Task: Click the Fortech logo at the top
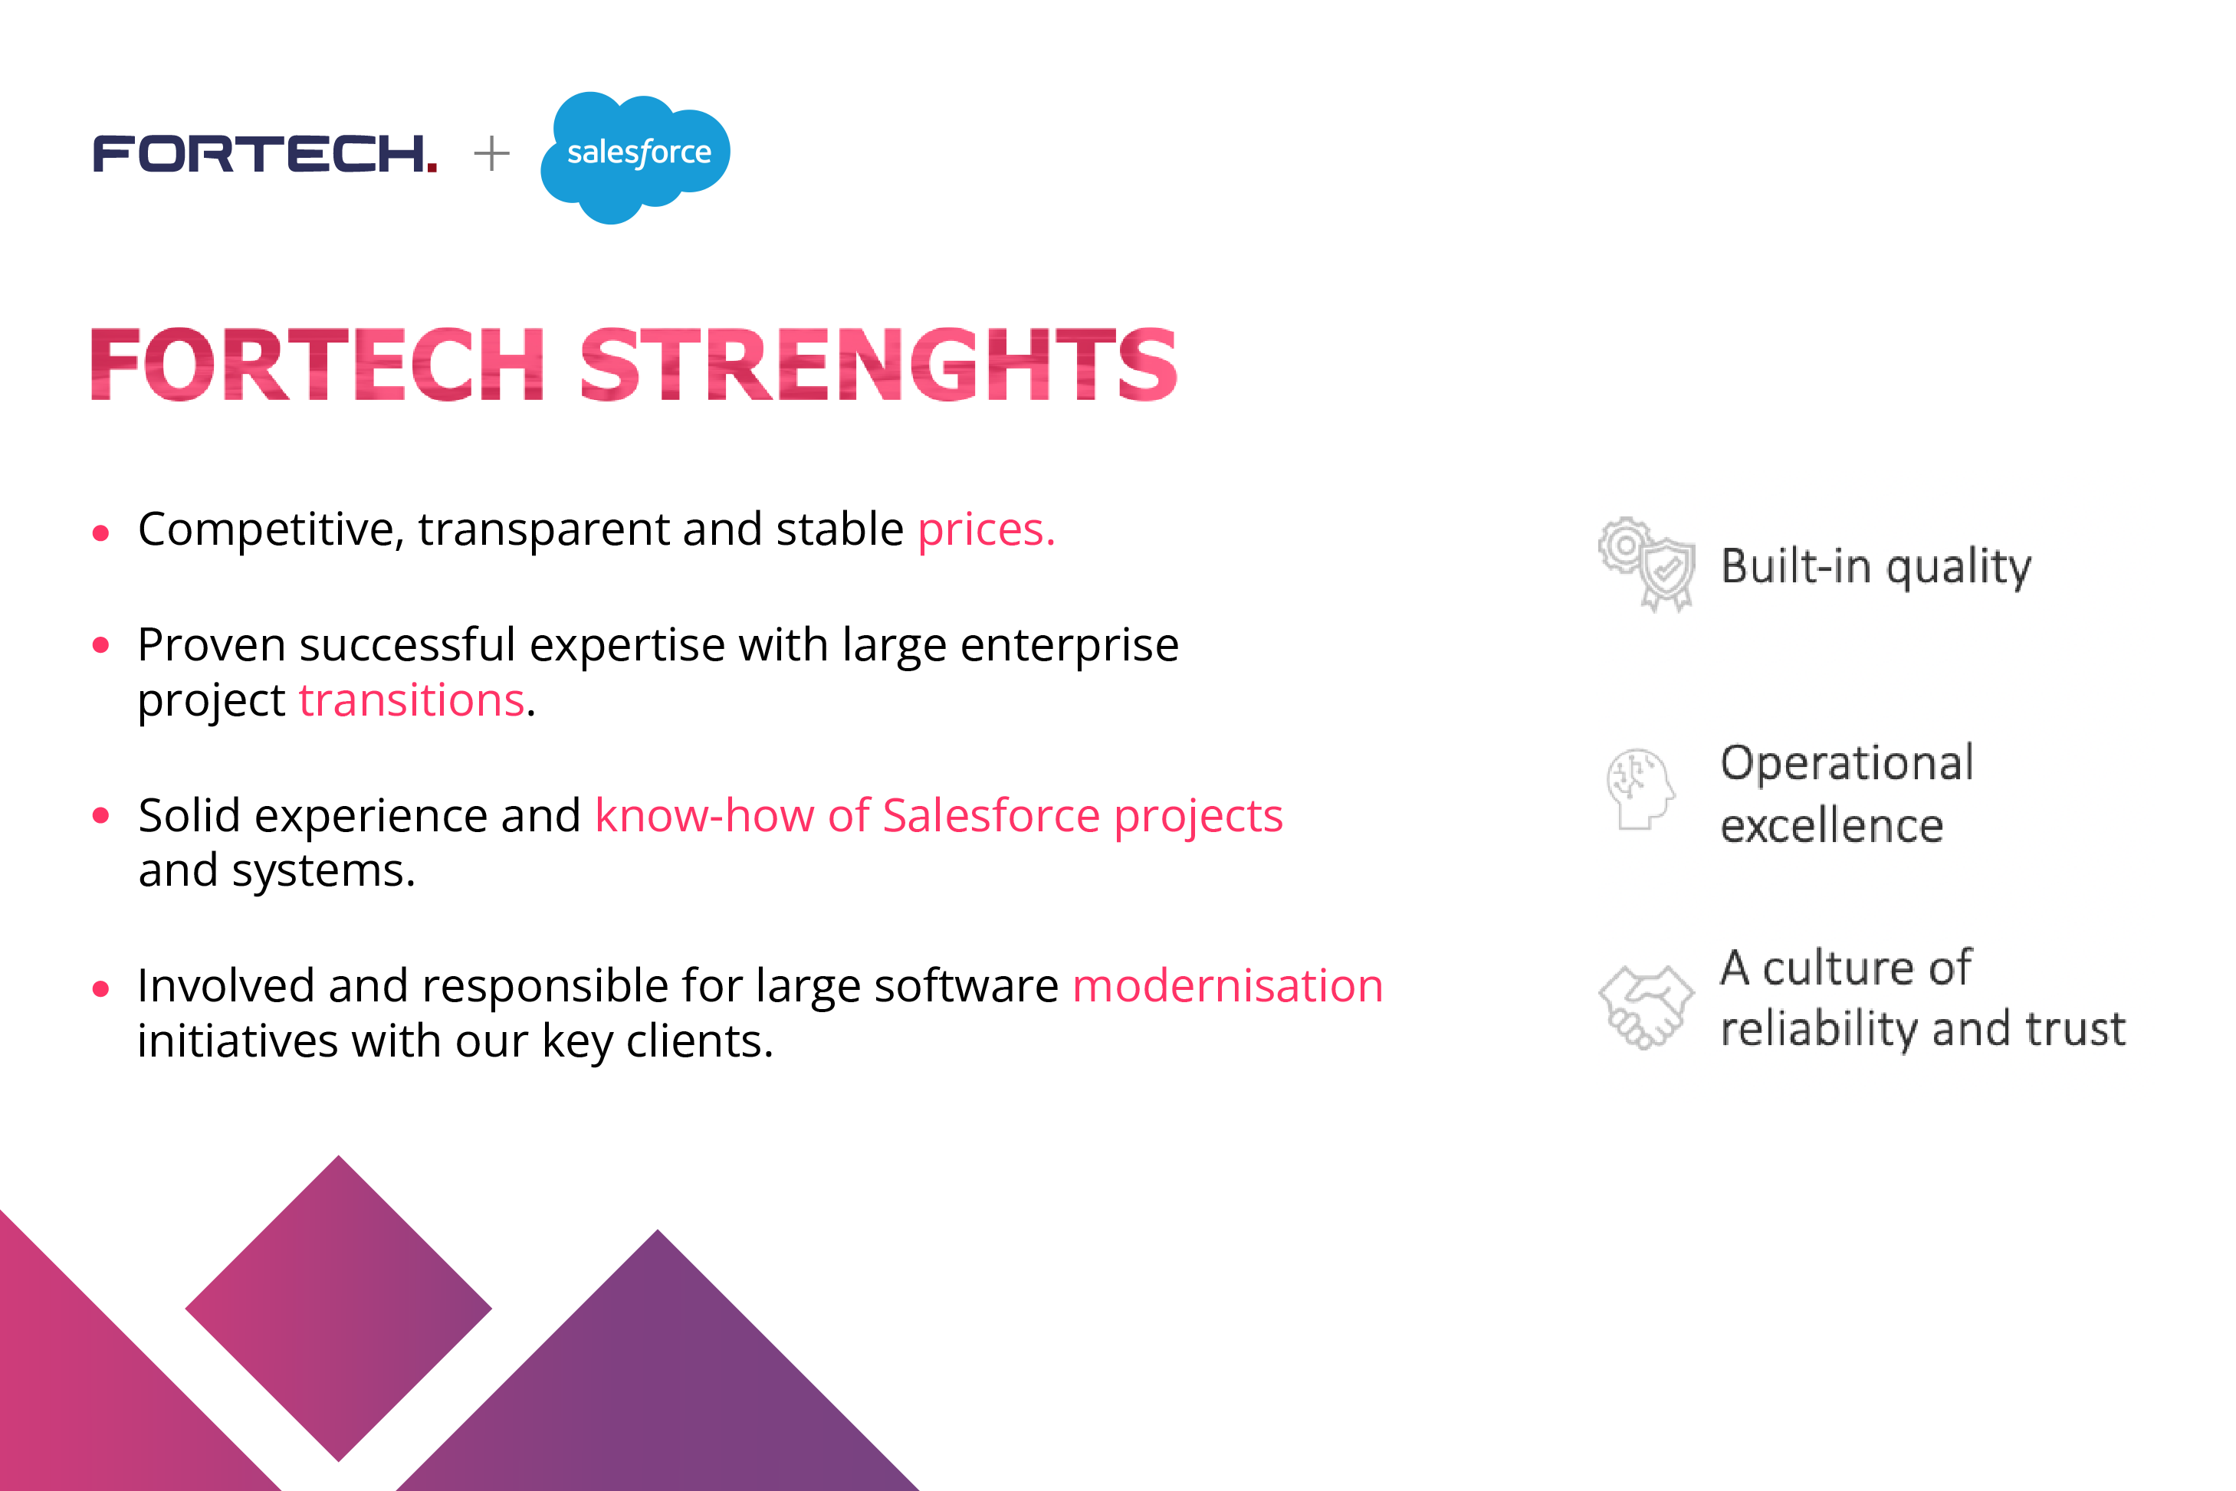click(x=264, y=154)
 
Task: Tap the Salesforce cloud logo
click(x=635, y=155)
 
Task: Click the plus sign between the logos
click(x=491, y=154)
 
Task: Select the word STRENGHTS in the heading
click(x=877, y=365)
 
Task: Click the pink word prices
click(x=985, y=529)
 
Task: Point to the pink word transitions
click(x=411, y=701)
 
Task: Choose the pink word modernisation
click(x=1227, y=986)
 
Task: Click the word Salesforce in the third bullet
click(x=990, y=816)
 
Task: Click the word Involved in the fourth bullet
click(x=225, y=986)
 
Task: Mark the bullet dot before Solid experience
click(x=101, y=816)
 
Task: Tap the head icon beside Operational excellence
click(x=1640, y=788)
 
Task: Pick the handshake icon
click(x=1645, y=1006)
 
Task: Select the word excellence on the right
click(x=1830, y=825)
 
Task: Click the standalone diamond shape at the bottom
click(x=339, y=1309)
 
